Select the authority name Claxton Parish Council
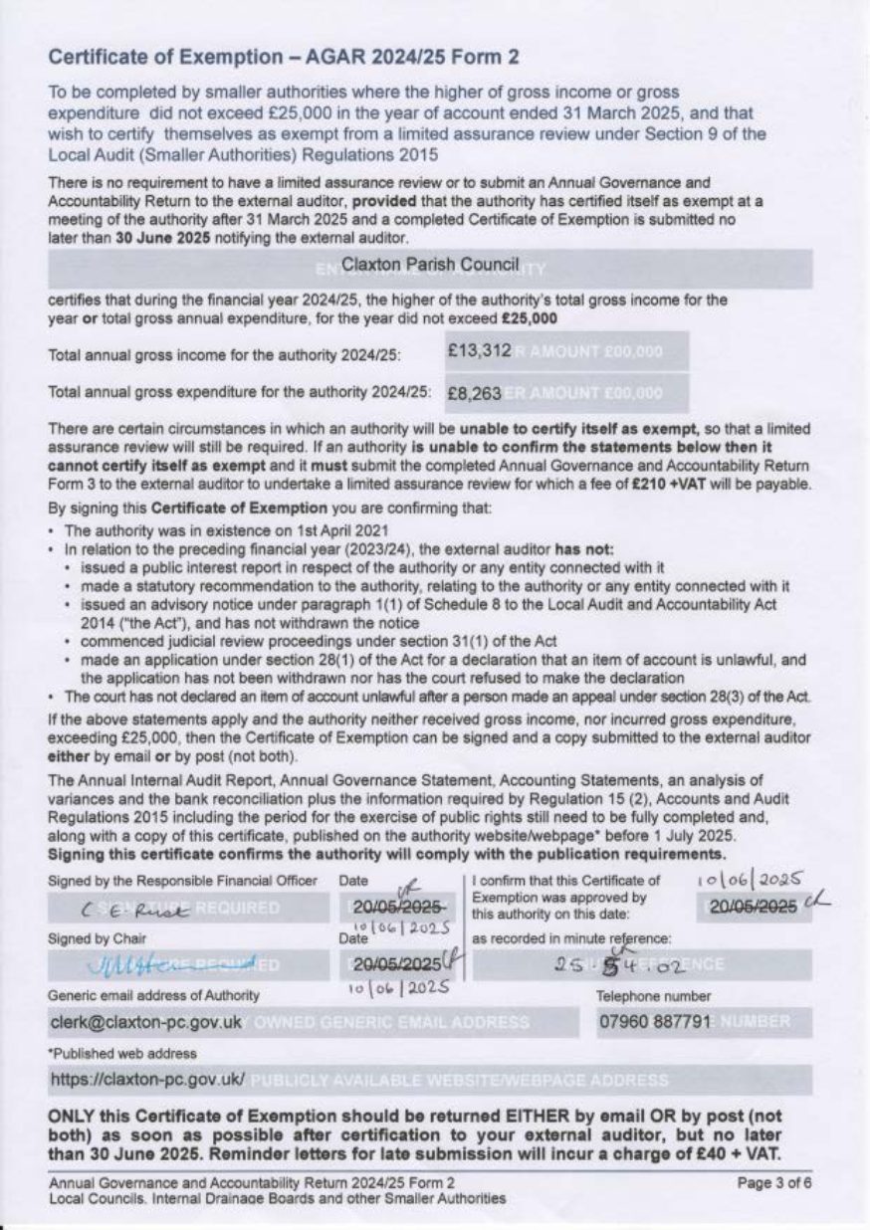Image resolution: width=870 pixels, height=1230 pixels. click(x=430, y=265)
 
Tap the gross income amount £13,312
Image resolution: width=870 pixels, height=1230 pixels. click(x=480, y=351)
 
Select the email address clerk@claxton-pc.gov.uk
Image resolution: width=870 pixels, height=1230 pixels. click(x=145, y=1022)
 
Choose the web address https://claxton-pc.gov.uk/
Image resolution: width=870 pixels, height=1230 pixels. click(x=147, y=1079)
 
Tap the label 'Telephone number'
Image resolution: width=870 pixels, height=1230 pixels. click(x=653, y=995)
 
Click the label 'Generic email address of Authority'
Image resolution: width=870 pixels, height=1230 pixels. click(x=153, y=995)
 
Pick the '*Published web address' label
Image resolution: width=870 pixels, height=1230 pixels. click(x=108, y=1053)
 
